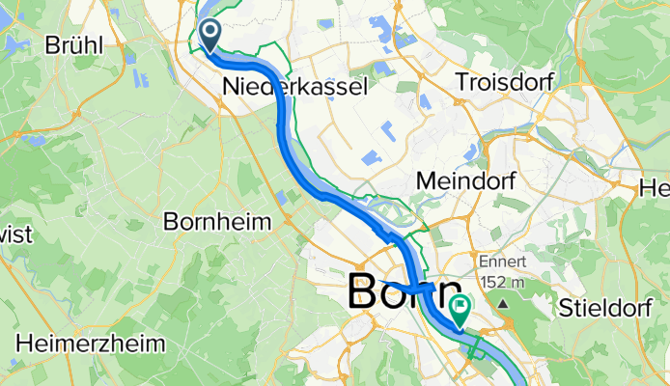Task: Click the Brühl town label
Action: [78, 44]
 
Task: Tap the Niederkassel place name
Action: [295, 87]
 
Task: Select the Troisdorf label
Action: [504, 82]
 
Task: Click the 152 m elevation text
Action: [503, 282]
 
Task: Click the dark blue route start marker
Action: [209, 37]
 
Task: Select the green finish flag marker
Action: [461, 309]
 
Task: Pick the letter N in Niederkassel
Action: [230, 87]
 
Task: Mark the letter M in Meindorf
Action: [423, 179]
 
